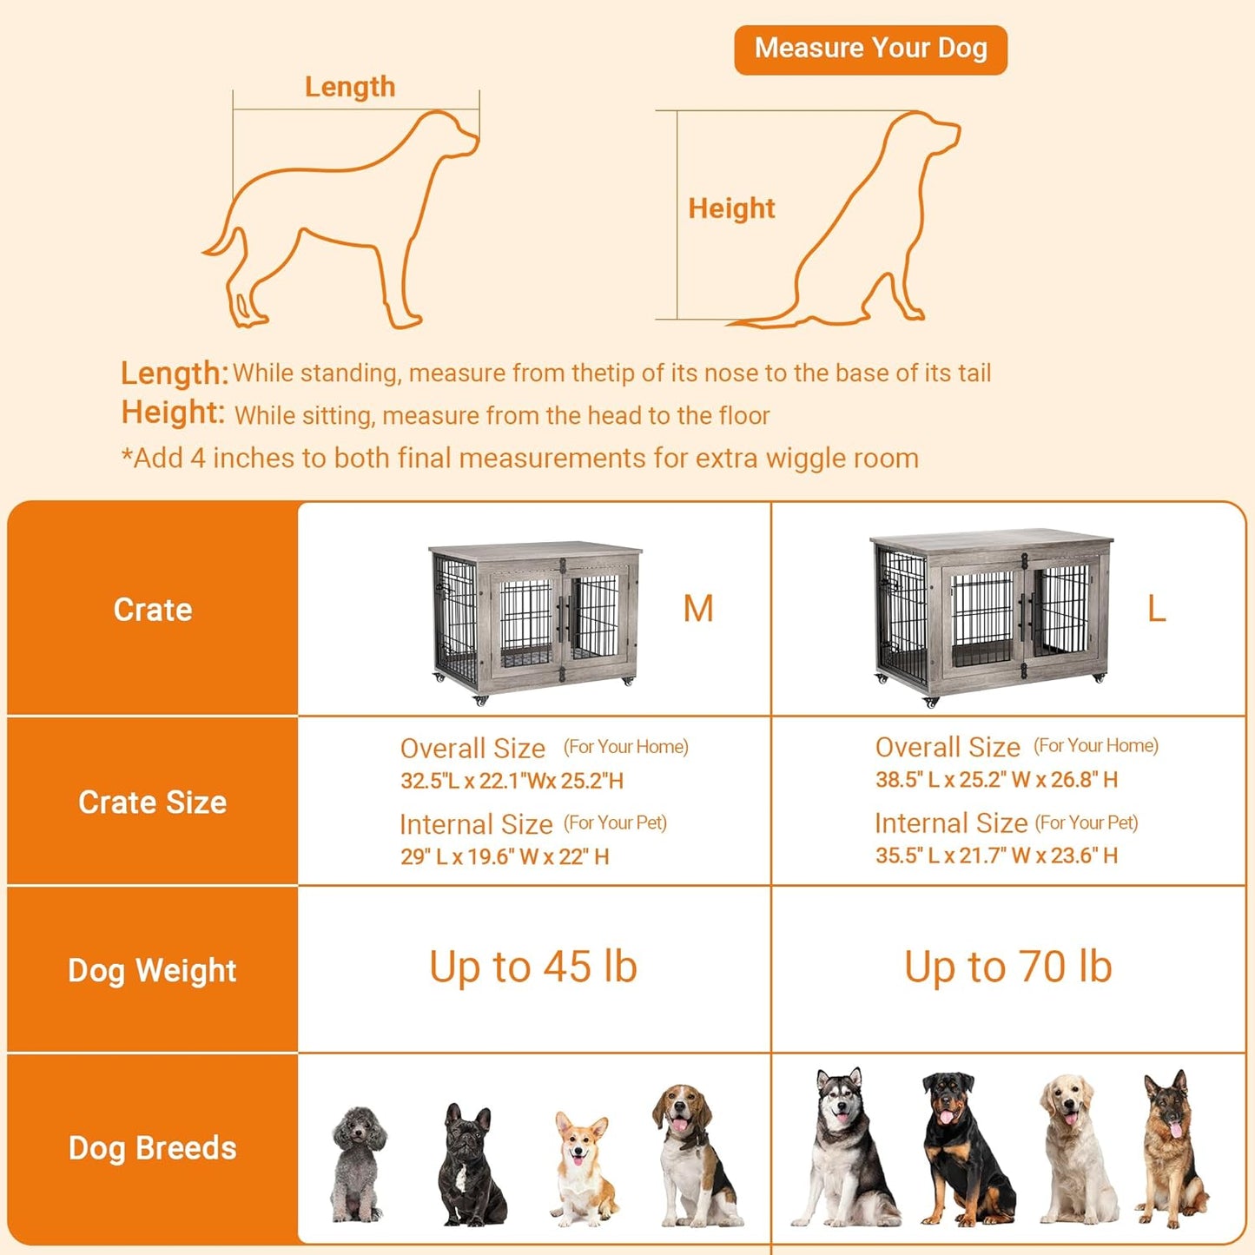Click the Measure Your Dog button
[x=870, y=50]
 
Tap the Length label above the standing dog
[x=350, y=87]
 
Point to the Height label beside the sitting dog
[x=731, y=208]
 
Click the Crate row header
[x=153, y=610]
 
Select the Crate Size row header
[x=153, y=803]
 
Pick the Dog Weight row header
[x=153, y=970]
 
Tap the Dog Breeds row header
[x=153, y=1148]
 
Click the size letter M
[x=698, y=609]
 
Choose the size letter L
[x=1156, y=609]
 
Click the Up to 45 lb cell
[x=533, y=968]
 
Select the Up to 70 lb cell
[x=1007, y=968]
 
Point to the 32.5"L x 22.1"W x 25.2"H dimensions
[x=512, y=781]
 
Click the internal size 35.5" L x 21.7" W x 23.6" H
[x=996, y=855]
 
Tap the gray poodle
[x=358, y=1164]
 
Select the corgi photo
[x=582, y=1168]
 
